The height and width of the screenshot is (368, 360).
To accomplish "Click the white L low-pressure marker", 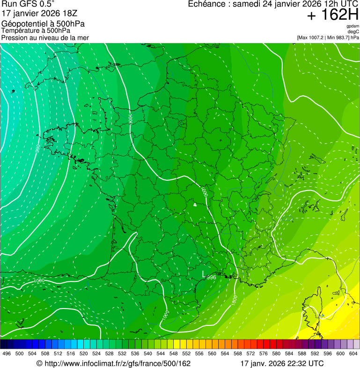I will click(203, 273).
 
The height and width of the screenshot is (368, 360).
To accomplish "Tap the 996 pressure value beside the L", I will click(211, 277).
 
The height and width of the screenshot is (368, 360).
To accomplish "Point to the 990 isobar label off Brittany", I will click(37, 149).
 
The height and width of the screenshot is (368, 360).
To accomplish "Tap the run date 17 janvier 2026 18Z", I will click(39, 13).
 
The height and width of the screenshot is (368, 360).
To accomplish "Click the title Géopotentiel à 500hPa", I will click(43, 24).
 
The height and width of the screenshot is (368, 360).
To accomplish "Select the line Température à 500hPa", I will click(36, 30).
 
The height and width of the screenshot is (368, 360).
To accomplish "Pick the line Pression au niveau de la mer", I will click(45, 37).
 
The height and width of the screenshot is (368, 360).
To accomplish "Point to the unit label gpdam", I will click(353, 26).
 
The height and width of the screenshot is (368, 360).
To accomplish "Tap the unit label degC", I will click(353, 32).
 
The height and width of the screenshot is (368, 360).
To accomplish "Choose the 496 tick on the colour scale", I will click(7, 353).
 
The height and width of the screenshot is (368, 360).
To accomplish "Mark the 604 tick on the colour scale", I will click(353, 353).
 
